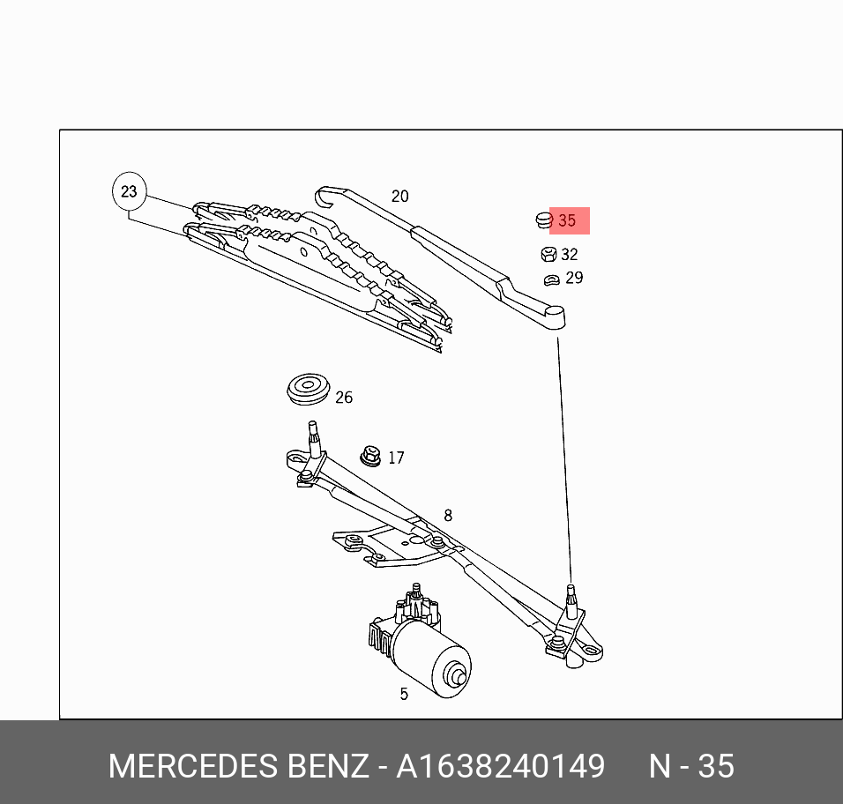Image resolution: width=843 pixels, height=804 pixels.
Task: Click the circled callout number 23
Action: click(x=129, y=191)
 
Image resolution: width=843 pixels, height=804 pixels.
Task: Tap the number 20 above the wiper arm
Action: click(x=399, y=197)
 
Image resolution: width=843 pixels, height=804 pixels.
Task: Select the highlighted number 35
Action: click(x=567, y=220)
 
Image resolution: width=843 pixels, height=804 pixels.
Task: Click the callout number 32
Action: click(x=569, y=255)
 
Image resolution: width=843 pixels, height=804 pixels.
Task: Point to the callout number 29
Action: click(x=574, y=278)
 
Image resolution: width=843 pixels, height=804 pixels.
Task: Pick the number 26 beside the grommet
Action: click(x=344, y=398)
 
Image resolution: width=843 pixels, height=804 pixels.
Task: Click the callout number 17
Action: click(x=396, y=458)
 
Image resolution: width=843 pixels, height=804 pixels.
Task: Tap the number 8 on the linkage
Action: click(x=448, y=516)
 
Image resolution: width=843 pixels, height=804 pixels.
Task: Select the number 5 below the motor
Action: click(x=404, y=694)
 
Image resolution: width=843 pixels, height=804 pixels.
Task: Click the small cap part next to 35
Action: click(x=542, y=220)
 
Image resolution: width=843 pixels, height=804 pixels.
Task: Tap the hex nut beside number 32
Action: click(x=547, y=255)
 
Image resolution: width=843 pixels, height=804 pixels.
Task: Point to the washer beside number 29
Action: click(x=551, y=279)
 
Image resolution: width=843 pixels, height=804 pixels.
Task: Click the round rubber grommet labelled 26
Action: click(x=308, y=389)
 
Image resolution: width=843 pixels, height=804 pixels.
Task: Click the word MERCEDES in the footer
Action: click(x=194, y=766)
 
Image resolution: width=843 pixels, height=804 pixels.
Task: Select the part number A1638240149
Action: click(x=500, y=766)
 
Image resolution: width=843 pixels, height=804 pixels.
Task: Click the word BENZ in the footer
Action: click(x=327, y=766)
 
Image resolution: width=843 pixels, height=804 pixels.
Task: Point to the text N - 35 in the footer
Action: click(x=691, y=766)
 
